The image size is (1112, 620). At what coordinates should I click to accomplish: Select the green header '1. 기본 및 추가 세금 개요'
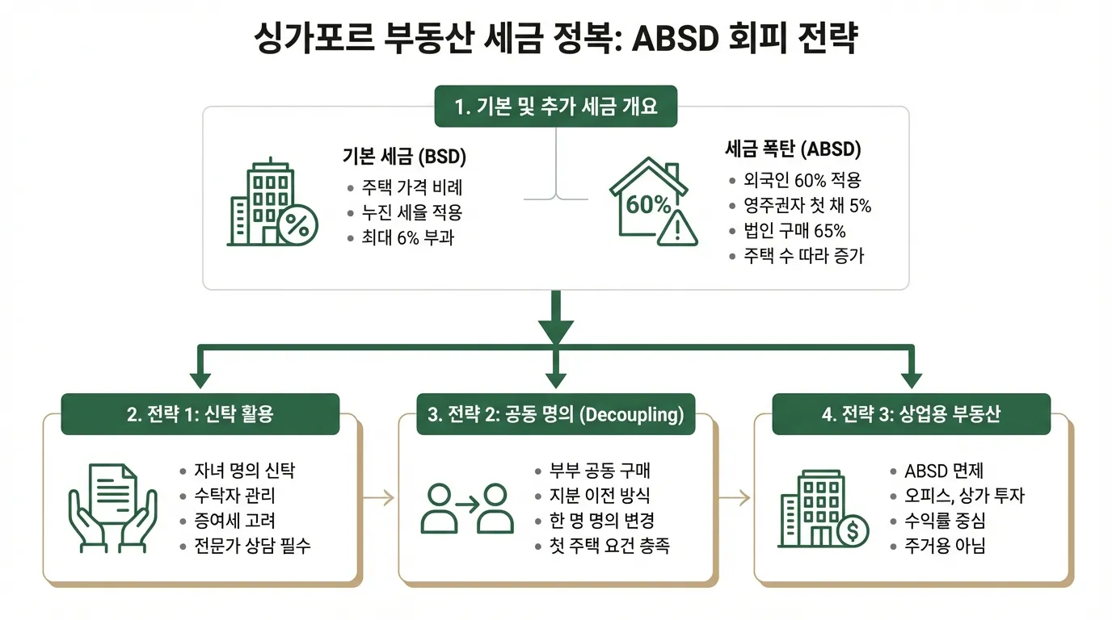[x=556, y=106]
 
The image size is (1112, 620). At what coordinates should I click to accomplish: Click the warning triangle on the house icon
[x=676, y=228]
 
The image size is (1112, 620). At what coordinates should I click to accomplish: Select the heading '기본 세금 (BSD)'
[x=404, y=155]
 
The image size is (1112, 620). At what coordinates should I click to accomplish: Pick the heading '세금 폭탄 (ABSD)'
[x=792, y=149]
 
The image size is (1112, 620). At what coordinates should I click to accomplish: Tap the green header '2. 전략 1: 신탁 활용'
[x=200, y=414]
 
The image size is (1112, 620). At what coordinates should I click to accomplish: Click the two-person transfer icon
[x=468, y=508]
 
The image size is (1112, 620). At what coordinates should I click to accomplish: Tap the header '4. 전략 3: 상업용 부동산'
[x=911, y=414]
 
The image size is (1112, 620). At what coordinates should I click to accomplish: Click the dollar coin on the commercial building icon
[x=853, y=531]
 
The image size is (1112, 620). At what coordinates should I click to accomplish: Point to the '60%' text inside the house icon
[x=648, y=204]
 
